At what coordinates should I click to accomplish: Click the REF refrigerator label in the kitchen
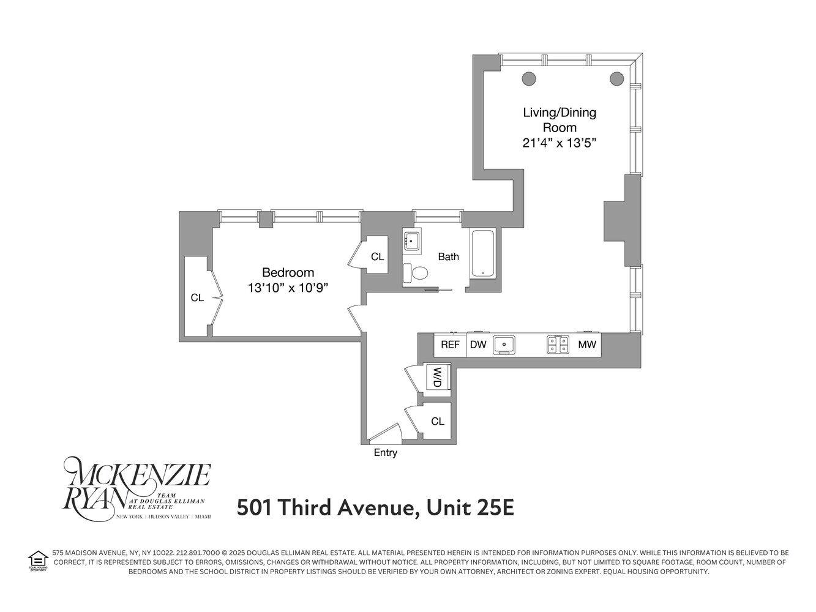(450, 345)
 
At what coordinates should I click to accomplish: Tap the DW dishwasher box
(478, 345)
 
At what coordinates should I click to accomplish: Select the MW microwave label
(587, 345)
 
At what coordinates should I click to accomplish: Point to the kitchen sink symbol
(504, 345)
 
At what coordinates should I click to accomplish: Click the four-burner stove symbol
(558, 345)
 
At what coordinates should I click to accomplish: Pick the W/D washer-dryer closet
(438, 377)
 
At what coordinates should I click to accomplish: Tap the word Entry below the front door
(386, 453)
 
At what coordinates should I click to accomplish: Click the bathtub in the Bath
(482, 253)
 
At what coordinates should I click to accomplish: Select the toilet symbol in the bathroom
(419, 272)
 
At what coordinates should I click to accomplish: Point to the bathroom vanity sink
(411, 241)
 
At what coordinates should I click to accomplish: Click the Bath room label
(448, 257)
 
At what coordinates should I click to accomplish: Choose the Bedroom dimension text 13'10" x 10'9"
(288, 288)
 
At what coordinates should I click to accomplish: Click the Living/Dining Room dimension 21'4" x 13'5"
(559, 143)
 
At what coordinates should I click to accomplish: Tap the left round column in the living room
(529, 78)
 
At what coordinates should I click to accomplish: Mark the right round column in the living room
(616, 78)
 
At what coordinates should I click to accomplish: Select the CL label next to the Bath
(377, 257)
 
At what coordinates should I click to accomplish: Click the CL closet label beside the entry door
(437, 421)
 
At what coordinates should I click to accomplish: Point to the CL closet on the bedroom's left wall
(197, 297)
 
